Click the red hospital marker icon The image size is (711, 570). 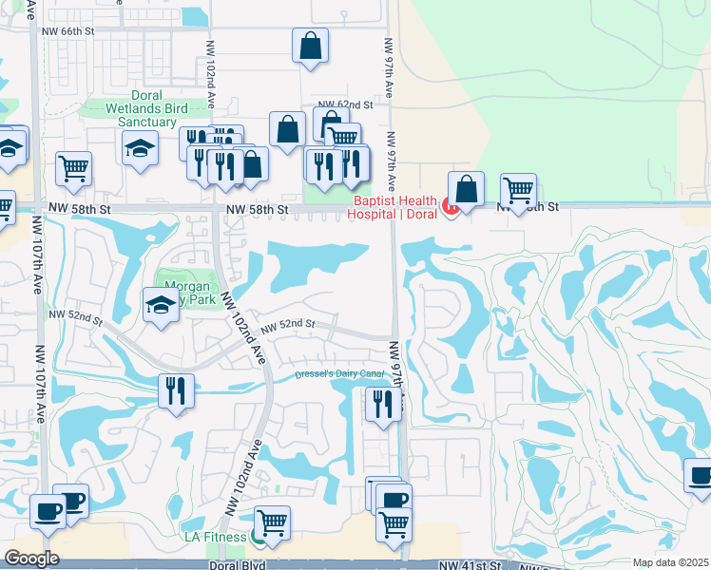click(x=452, y=203)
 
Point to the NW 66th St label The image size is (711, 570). click(x=69, y=30)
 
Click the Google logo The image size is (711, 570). click(x=30, y=559)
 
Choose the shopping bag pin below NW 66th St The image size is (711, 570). click(x=311, y=46)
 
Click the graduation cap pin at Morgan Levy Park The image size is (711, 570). click(x=161, y=306)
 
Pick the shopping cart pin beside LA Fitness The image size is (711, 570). click(x=273, y=522)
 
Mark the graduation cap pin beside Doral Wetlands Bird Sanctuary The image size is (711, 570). click(x=140, y=148)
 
